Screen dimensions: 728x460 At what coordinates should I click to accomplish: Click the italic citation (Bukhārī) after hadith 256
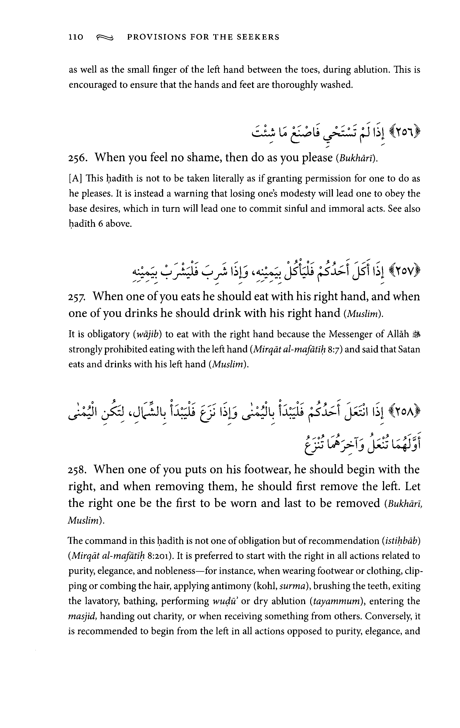coord(356,158)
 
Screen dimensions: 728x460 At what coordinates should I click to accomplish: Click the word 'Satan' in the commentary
coord(409,350)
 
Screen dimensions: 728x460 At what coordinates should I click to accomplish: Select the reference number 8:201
coord(162,556)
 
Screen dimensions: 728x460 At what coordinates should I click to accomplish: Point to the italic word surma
coord(291,586)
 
